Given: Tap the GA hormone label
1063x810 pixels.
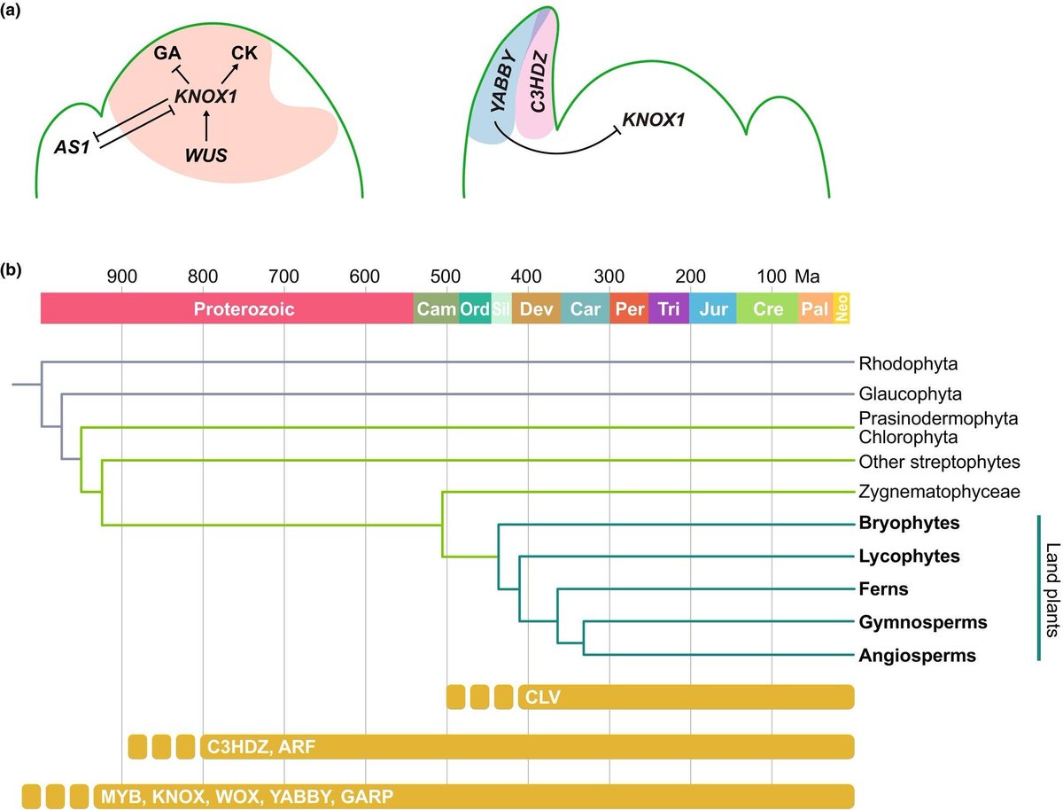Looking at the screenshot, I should coord(167,53).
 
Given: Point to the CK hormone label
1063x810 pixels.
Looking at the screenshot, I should coord(244,53).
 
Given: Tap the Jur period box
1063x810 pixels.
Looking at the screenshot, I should coord(713,309).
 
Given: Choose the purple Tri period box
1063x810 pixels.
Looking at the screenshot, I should coord(669,309).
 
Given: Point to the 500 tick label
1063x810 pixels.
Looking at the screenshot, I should coord(446,275).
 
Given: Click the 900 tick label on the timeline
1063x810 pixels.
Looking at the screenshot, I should coord(121,275).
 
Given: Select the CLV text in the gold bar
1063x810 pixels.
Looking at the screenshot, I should coord(539,697).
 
